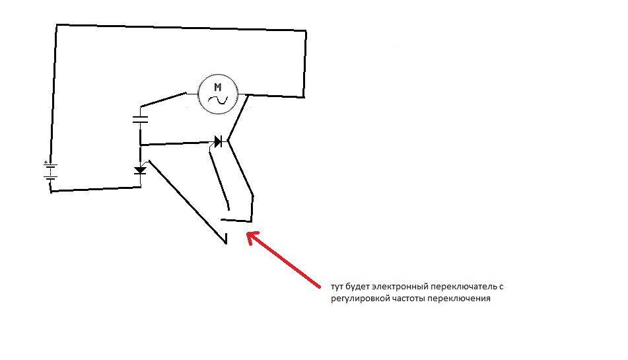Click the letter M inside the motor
click(217, 87)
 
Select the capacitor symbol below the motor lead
click(140, 120)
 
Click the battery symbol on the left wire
click(50, 171)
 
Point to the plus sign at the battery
click(46, 162)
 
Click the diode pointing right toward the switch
click(219, 141)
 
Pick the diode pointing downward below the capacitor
click(140, 170)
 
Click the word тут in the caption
click(337, 287)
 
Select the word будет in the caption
click(358, 286)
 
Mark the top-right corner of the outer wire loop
click(306, 31)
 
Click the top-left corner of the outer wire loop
click(57, 25)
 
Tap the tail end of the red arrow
click(319, 287)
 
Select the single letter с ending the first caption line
click(501, 287)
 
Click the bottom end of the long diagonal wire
click(227, 242)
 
